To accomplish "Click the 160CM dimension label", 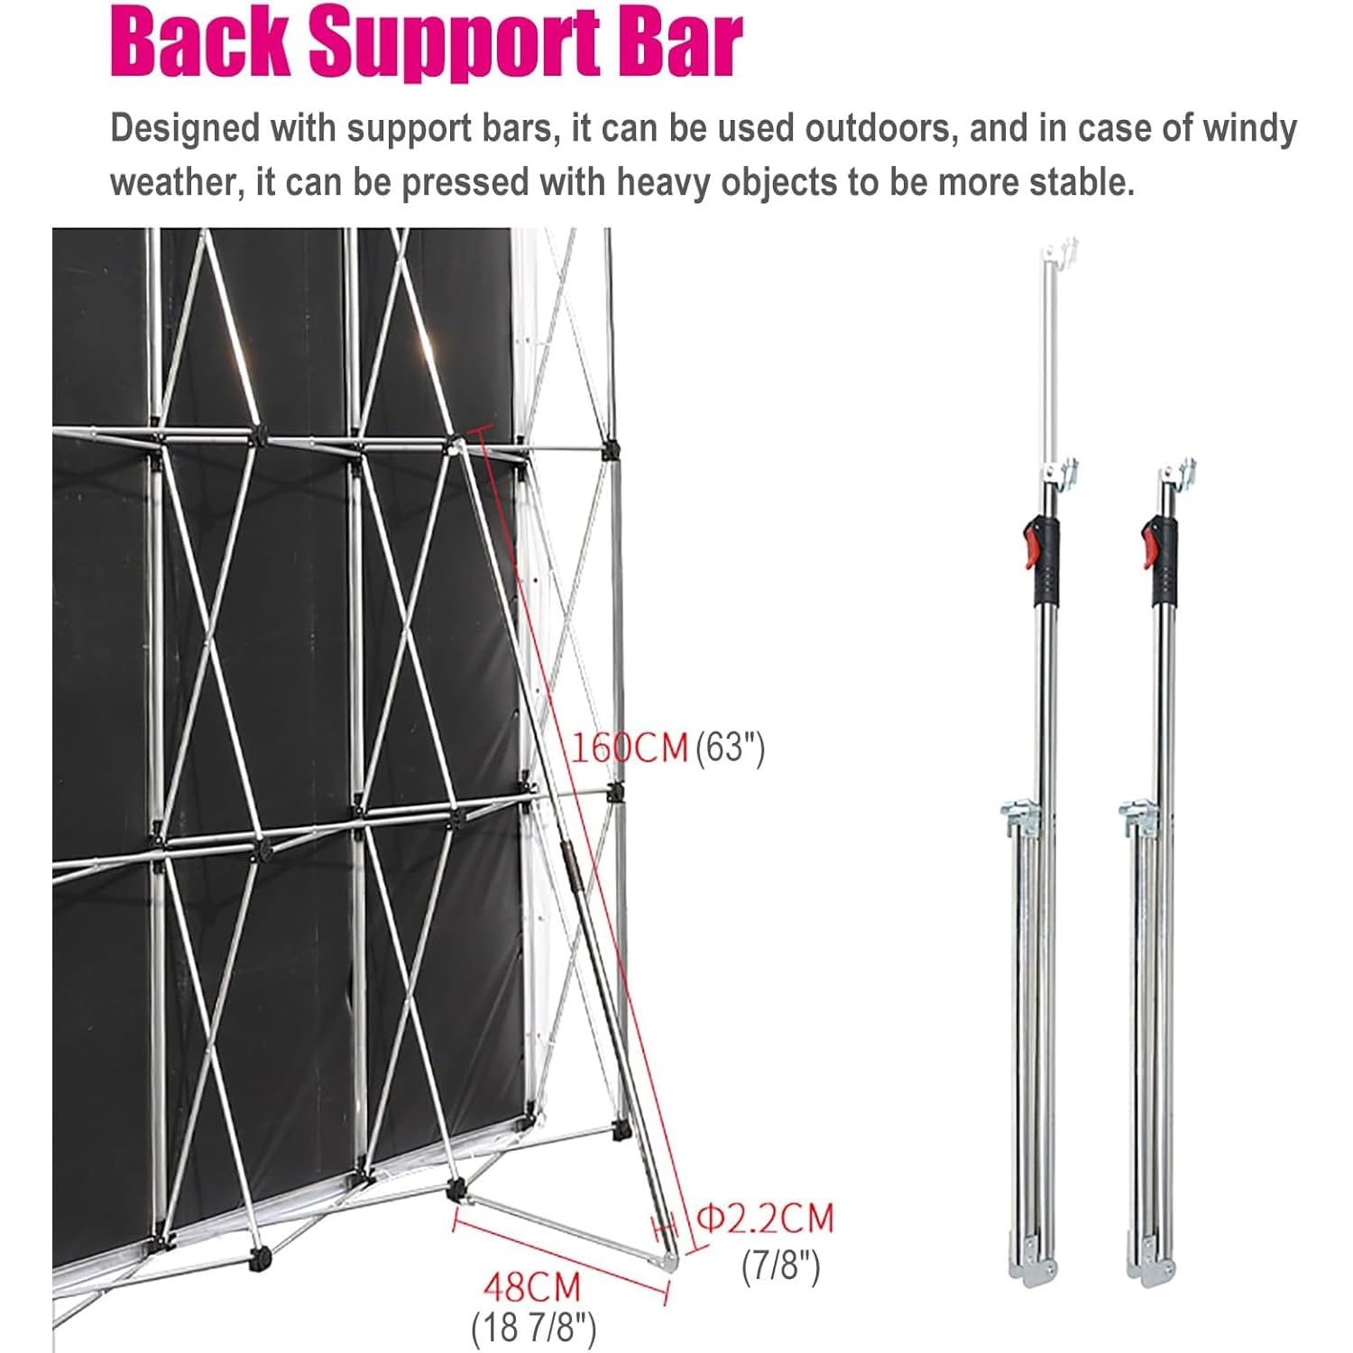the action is coord(630,748).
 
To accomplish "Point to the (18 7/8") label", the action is coord(534,1328).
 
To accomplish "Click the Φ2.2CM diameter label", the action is coord(768,1219).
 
